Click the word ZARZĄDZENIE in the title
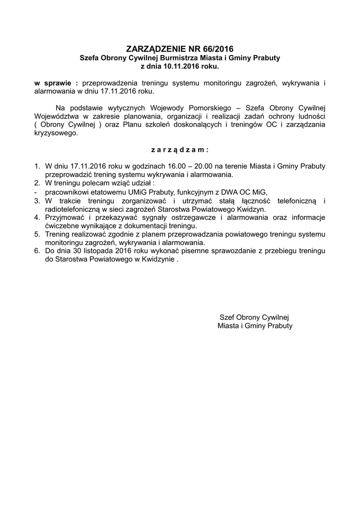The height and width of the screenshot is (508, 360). point(155,49)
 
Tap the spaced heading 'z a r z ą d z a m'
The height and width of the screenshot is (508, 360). point(180,149)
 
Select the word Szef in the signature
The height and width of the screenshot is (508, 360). point(227,317)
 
